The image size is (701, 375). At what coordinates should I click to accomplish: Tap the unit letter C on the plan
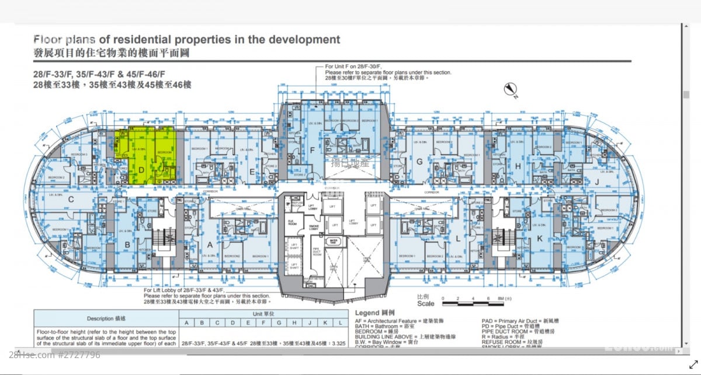[71, 199]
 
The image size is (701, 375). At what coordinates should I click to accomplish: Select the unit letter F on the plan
[313, 150]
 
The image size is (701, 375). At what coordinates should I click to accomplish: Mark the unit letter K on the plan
[540, 237]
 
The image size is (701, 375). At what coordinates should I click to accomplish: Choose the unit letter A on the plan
[209, 244]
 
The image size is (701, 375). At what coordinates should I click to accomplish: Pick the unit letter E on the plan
[252, 171]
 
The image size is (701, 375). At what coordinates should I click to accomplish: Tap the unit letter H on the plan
[518, 166]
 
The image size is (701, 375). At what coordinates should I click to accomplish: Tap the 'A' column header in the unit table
[186, 323]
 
